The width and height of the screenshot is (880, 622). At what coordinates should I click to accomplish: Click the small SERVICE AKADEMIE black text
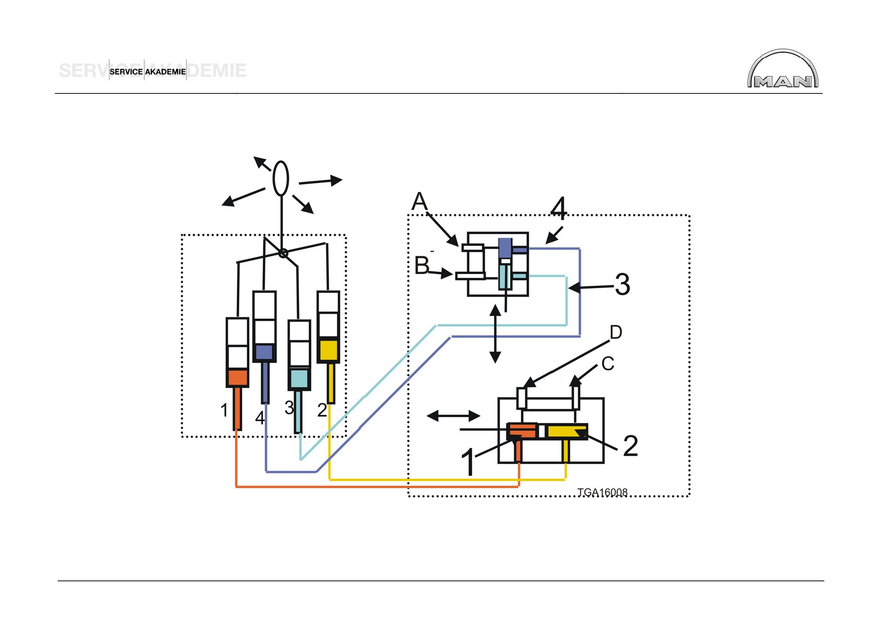[x=148, y=72]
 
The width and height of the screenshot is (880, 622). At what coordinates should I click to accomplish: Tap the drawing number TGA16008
[x=602, y=492]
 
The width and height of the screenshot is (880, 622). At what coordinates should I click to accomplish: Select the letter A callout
[x=419, y=202]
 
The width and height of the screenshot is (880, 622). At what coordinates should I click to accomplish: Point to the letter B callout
[x=422, y=266]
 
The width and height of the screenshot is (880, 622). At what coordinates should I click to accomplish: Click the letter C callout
[x=608, y=363]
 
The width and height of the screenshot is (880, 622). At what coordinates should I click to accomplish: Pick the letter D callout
[x=616, y=332]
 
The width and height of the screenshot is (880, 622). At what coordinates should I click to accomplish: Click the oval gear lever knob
[x=281, y=178]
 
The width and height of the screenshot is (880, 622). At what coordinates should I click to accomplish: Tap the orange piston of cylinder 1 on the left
[x=237, y=378]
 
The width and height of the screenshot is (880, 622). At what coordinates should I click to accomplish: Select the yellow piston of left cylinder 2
[x=329, y=350]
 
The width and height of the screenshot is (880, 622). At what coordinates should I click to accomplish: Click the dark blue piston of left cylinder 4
[x=264, y=352]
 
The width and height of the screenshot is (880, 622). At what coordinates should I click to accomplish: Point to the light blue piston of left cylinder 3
[x=299, y=379]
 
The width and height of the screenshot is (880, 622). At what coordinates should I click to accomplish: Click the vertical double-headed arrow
[x=495, y=334]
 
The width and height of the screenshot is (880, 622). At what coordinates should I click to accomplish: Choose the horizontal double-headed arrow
[x=454, y=416]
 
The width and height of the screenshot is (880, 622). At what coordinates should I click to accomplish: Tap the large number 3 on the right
[x=622, y=285]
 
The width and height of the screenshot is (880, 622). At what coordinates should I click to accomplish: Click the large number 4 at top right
[x=558, y=208]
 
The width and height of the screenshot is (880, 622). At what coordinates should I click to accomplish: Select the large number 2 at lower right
[x=631, y=446]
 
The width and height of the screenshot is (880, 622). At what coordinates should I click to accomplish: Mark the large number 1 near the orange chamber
[x=469, y=462]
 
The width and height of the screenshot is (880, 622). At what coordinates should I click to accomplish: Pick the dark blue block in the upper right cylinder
[x=506, y=248]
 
